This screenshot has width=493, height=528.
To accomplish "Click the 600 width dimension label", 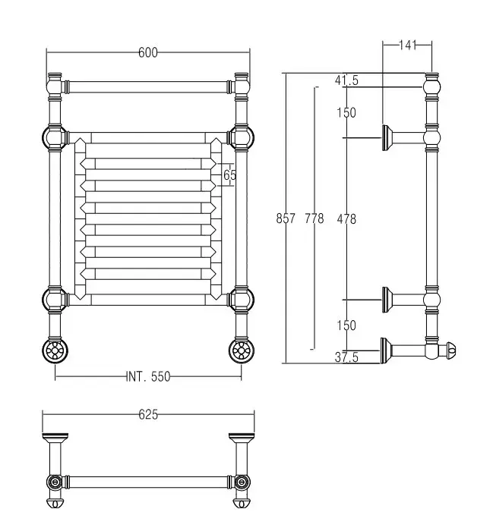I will click(x=148, y=52).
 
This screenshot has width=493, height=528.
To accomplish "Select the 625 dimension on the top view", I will click(x=148, y=414).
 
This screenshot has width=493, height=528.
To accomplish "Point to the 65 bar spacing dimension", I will click(x=230, y=175).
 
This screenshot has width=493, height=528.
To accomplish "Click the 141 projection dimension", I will click(x=408, y=46).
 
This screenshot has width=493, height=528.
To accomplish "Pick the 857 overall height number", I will click(x=286, y=218).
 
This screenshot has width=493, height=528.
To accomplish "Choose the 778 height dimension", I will click(x=314, y=218).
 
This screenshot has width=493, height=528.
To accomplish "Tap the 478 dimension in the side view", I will click(x=346, y=218).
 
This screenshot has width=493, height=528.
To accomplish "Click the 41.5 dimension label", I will click(x=346, y=80).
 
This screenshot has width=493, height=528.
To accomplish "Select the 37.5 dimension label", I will click(x=346, y=359).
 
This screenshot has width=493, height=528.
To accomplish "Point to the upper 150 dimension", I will click(x=346, y=113).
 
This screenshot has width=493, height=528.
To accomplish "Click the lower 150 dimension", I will click(x=346, y=325).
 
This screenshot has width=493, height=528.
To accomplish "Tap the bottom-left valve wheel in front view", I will click(x=54, y=350).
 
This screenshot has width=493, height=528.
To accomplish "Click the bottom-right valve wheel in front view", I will click(x=242, y=350).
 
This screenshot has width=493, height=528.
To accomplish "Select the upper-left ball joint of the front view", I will click(x=54, y=138).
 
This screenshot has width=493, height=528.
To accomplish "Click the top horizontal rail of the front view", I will click(x=148, y=86).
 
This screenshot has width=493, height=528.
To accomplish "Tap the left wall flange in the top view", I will click(x=55, y=438).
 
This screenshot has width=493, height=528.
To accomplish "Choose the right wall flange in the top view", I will click(x=242, y=438).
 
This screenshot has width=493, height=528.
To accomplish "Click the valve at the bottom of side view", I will click(x=445, y=351).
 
